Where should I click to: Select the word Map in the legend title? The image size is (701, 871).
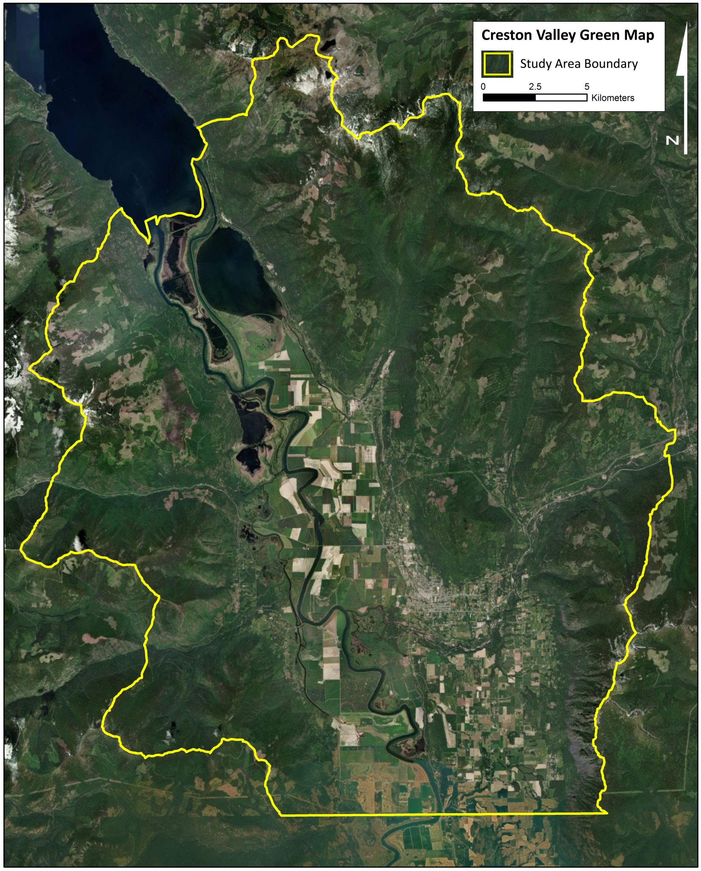click(639, 35)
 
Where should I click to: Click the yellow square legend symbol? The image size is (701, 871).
click(497, 64)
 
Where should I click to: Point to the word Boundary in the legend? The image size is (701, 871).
click(613, 64)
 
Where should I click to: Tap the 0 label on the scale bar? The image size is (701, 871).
click(483, 87)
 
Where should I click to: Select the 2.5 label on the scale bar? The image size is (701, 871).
click(535, 87)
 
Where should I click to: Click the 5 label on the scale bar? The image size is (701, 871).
click(587, 87)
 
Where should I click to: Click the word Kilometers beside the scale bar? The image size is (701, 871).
click(612, 98)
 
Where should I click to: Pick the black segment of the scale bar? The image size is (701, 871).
click(509, 98)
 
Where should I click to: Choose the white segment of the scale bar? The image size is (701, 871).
click(561, 98)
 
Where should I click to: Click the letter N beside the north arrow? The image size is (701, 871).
click(672, 140)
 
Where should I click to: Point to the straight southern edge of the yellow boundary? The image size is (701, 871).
click(443, 814)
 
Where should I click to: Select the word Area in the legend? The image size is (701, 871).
click(567, 64)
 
